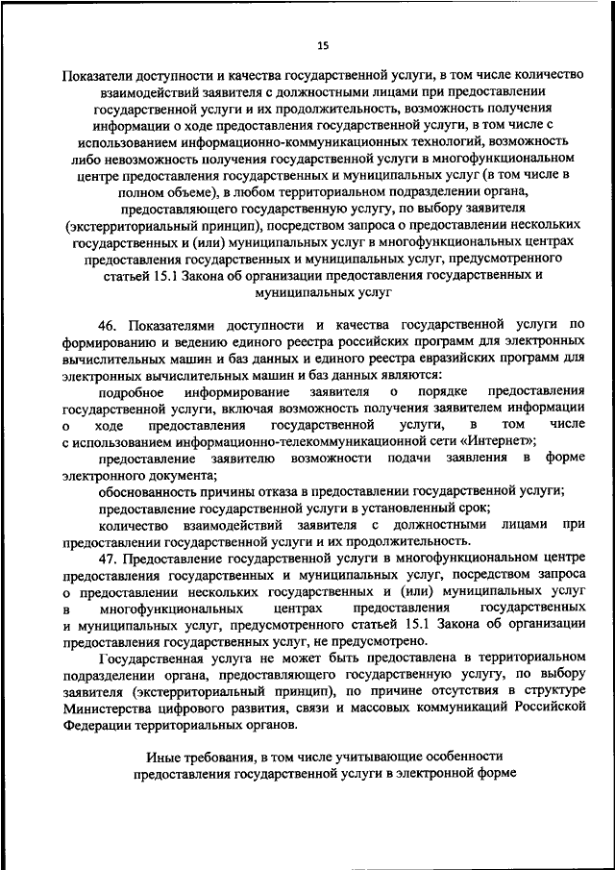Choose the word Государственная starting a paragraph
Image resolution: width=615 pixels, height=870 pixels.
[x=156, y=659]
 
